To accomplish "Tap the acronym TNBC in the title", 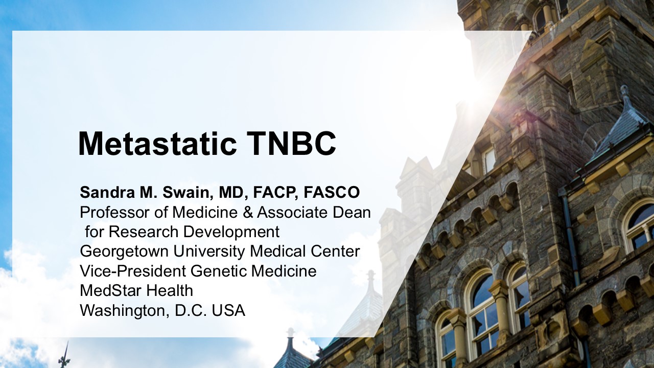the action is coord(292,144).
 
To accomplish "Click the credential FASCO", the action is coord(332,193).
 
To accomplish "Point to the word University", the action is coord(209,252).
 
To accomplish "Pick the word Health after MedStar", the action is coord(169,291).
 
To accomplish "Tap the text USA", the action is coord(228,310).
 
